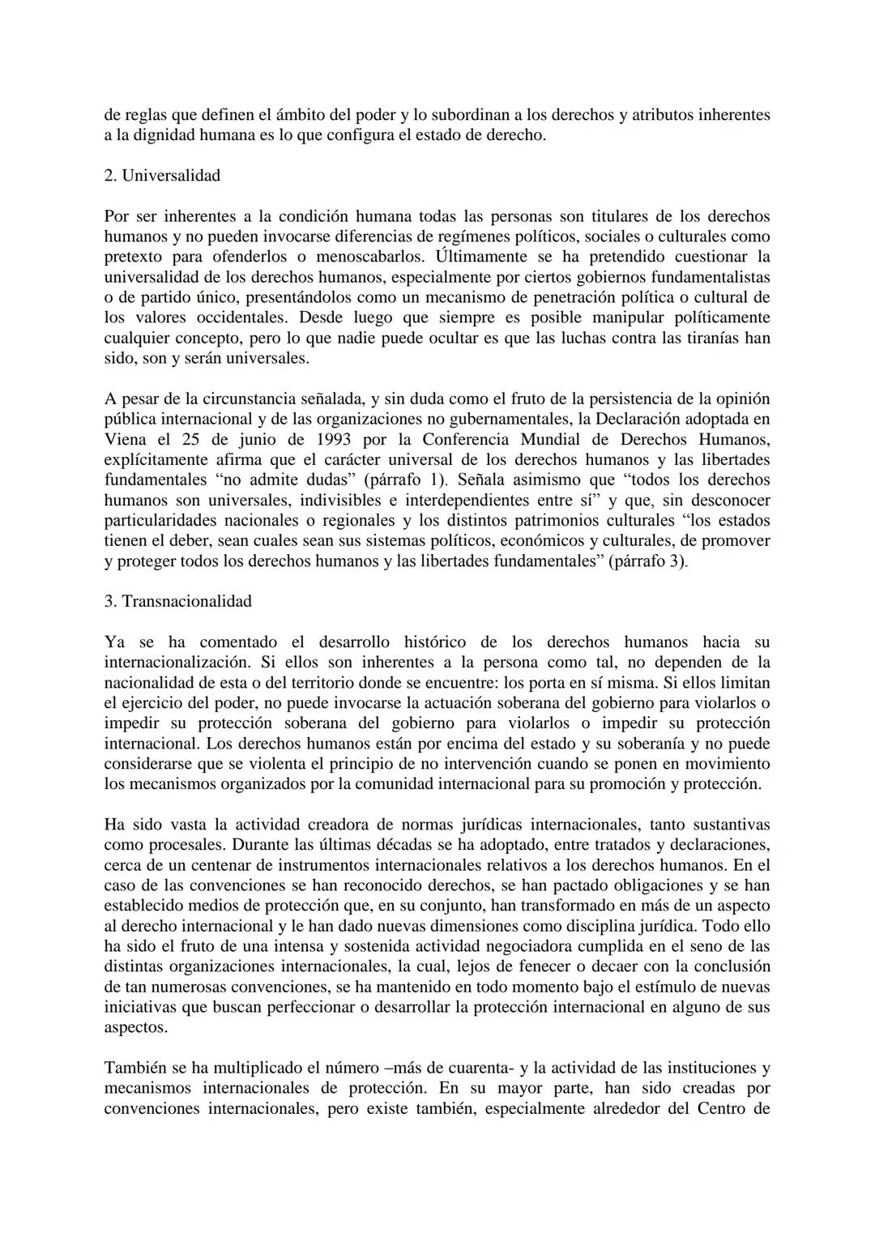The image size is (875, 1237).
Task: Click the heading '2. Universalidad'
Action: pos(162,176)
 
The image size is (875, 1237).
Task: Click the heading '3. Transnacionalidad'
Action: pos(178,601)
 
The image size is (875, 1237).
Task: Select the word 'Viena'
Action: pos(126,439)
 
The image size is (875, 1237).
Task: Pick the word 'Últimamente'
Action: pos(480,257)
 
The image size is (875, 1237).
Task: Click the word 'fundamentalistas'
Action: pos(706,277)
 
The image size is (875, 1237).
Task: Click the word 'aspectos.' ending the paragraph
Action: pos(136,1027)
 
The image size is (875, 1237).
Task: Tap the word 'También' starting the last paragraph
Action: pos(133,1068)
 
